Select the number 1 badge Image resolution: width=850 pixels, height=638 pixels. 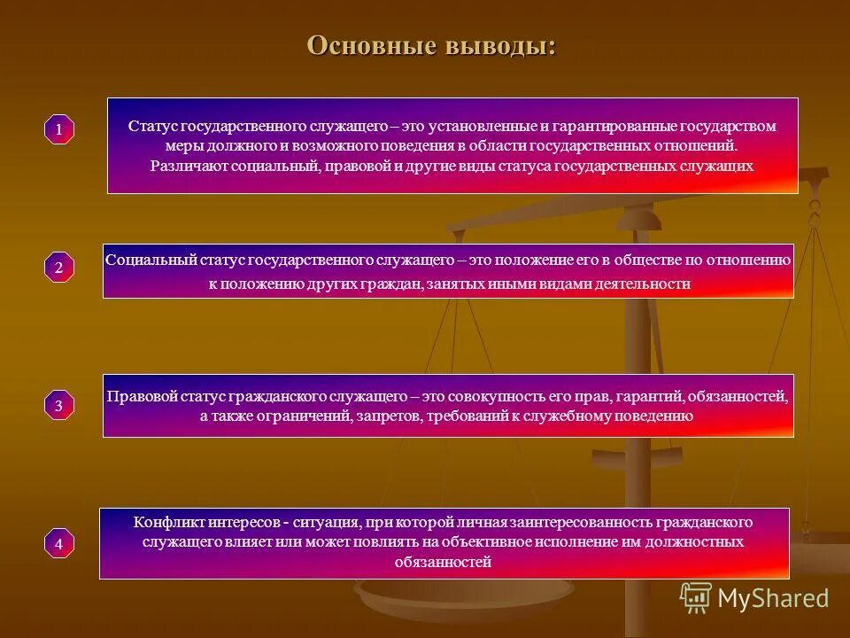(x=59, y=130)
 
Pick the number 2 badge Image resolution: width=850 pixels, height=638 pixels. (x=59, y=268)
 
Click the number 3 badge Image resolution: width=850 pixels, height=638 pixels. (x=59, y=406)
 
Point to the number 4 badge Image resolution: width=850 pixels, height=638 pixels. (x=59, y=543)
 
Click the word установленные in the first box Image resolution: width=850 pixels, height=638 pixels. (x=484, y=127)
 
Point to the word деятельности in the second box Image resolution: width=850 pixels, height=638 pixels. (x=646, y=284)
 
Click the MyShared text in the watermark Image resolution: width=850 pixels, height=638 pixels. (x=773, y=598)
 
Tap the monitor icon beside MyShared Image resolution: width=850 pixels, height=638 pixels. (x=696, y=598)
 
